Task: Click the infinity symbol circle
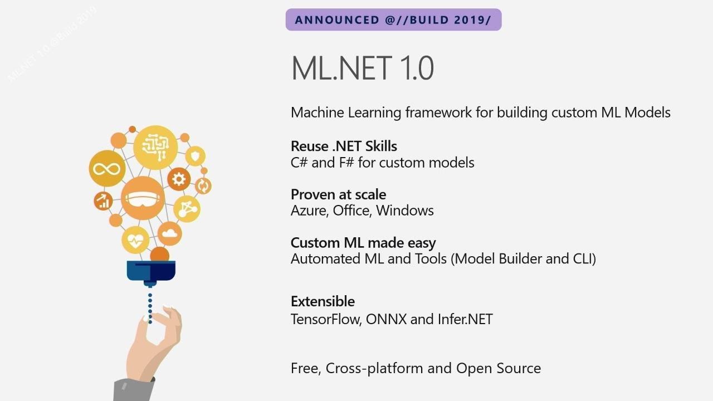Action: click(107, 168)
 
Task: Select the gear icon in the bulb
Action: click(179, 179)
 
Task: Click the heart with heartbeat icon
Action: click(135, 240)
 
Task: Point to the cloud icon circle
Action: click(169, 233)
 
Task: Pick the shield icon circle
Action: click(196, 157)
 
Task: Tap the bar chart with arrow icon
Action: click(104, 201)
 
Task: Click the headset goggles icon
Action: click(143, 198)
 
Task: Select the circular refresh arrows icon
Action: click(203, 186)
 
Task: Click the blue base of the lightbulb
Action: click(151, 271)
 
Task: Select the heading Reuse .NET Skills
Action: click(344, 146)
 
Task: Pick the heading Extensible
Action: click(323, 301)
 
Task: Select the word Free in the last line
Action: click(304, 368)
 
